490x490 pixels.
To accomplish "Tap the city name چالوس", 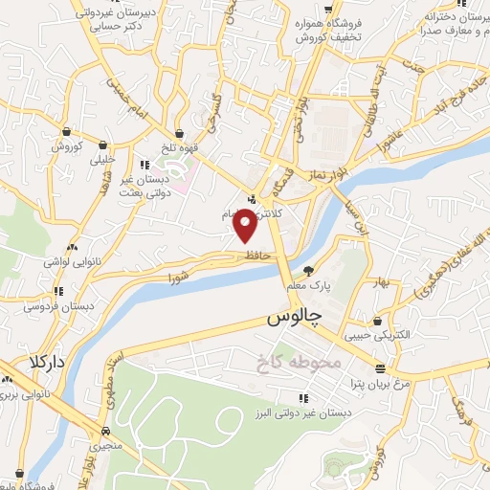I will (292, 316).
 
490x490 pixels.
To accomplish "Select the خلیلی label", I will (101, 160).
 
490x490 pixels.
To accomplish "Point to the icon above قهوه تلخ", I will (180, 133).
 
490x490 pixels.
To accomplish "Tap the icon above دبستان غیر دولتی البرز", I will (302, 397).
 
